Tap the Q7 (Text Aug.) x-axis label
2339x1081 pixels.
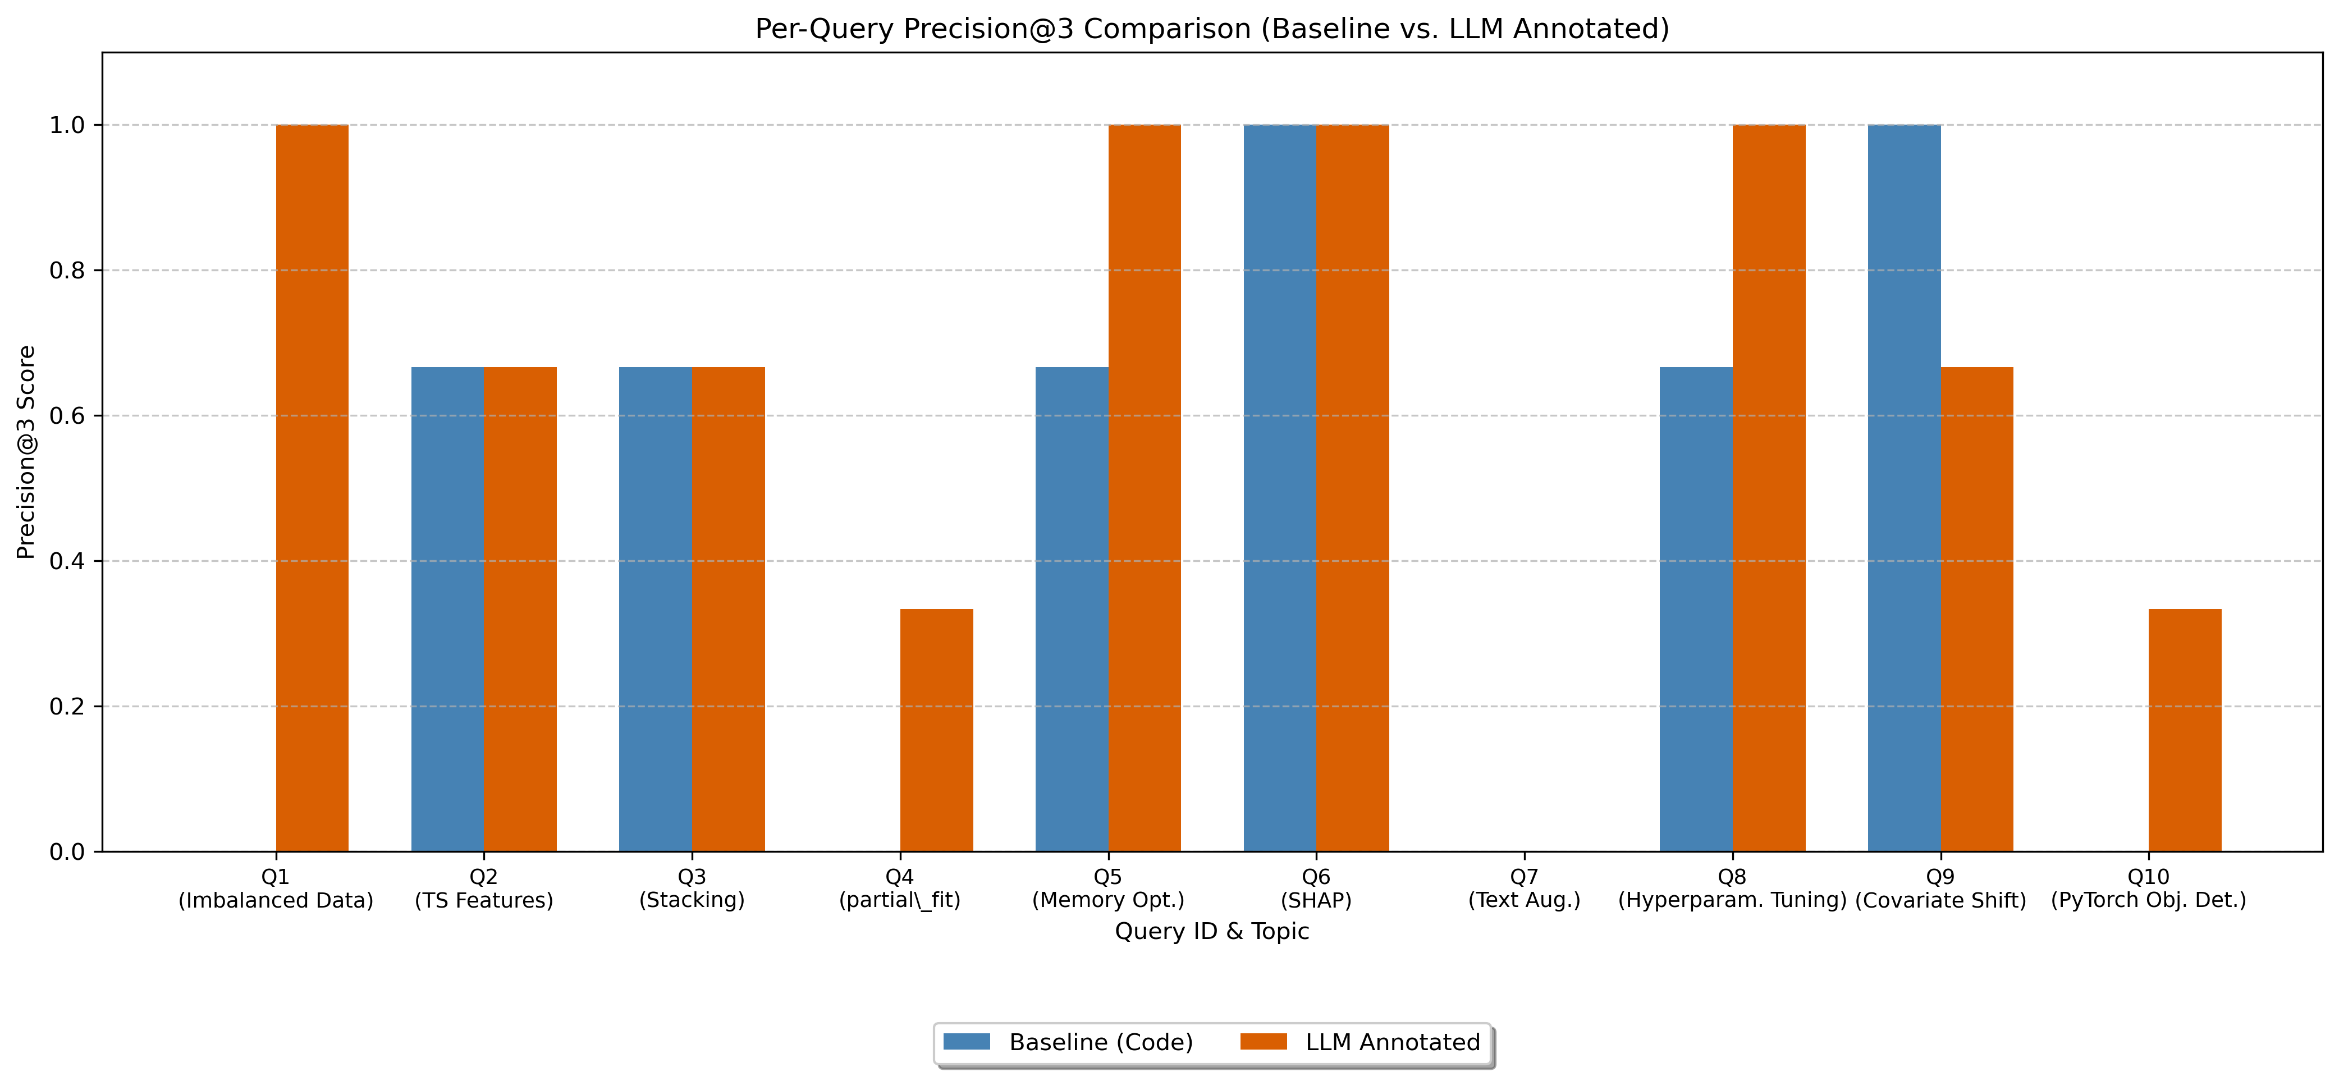click(1523, 888)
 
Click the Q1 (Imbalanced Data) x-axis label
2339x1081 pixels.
click(275, 888)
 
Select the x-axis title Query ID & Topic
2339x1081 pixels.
click(1211, 931)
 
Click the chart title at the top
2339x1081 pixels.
click(1211, 29)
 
